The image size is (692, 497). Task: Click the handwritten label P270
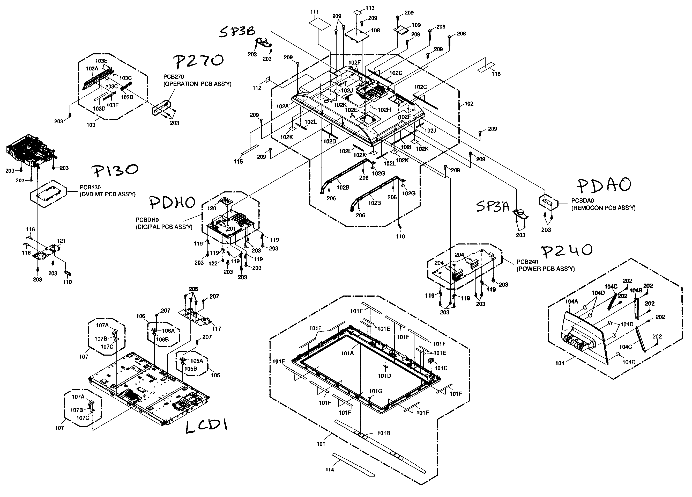coord(199,61)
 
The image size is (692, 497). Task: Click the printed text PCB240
coord(527,262)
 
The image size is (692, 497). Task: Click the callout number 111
coord(315,12)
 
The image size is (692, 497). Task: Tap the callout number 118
coord(496,74)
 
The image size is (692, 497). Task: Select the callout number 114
coord(330,470)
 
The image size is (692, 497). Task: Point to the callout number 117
coord(217,329)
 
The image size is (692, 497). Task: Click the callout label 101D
coord(384,376)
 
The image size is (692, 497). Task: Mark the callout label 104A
coord(571,301)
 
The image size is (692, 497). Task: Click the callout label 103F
coord(112,105)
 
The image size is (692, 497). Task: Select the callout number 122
coord(213,263)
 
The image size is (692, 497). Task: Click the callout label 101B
coord(384,433)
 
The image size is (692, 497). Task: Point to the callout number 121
coord(61,241)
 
